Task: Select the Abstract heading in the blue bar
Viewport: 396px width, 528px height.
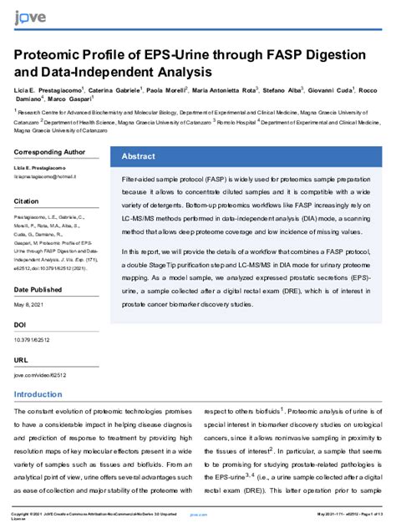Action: coord(138,156)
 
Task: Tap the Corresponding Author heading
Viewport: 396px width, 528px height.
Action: coord(49,153)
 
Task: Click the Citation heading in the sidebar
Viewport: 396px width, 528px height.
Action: coord(27,201)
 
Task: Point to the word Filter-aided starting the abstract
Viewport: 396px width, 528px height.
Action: coord(138,180)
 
